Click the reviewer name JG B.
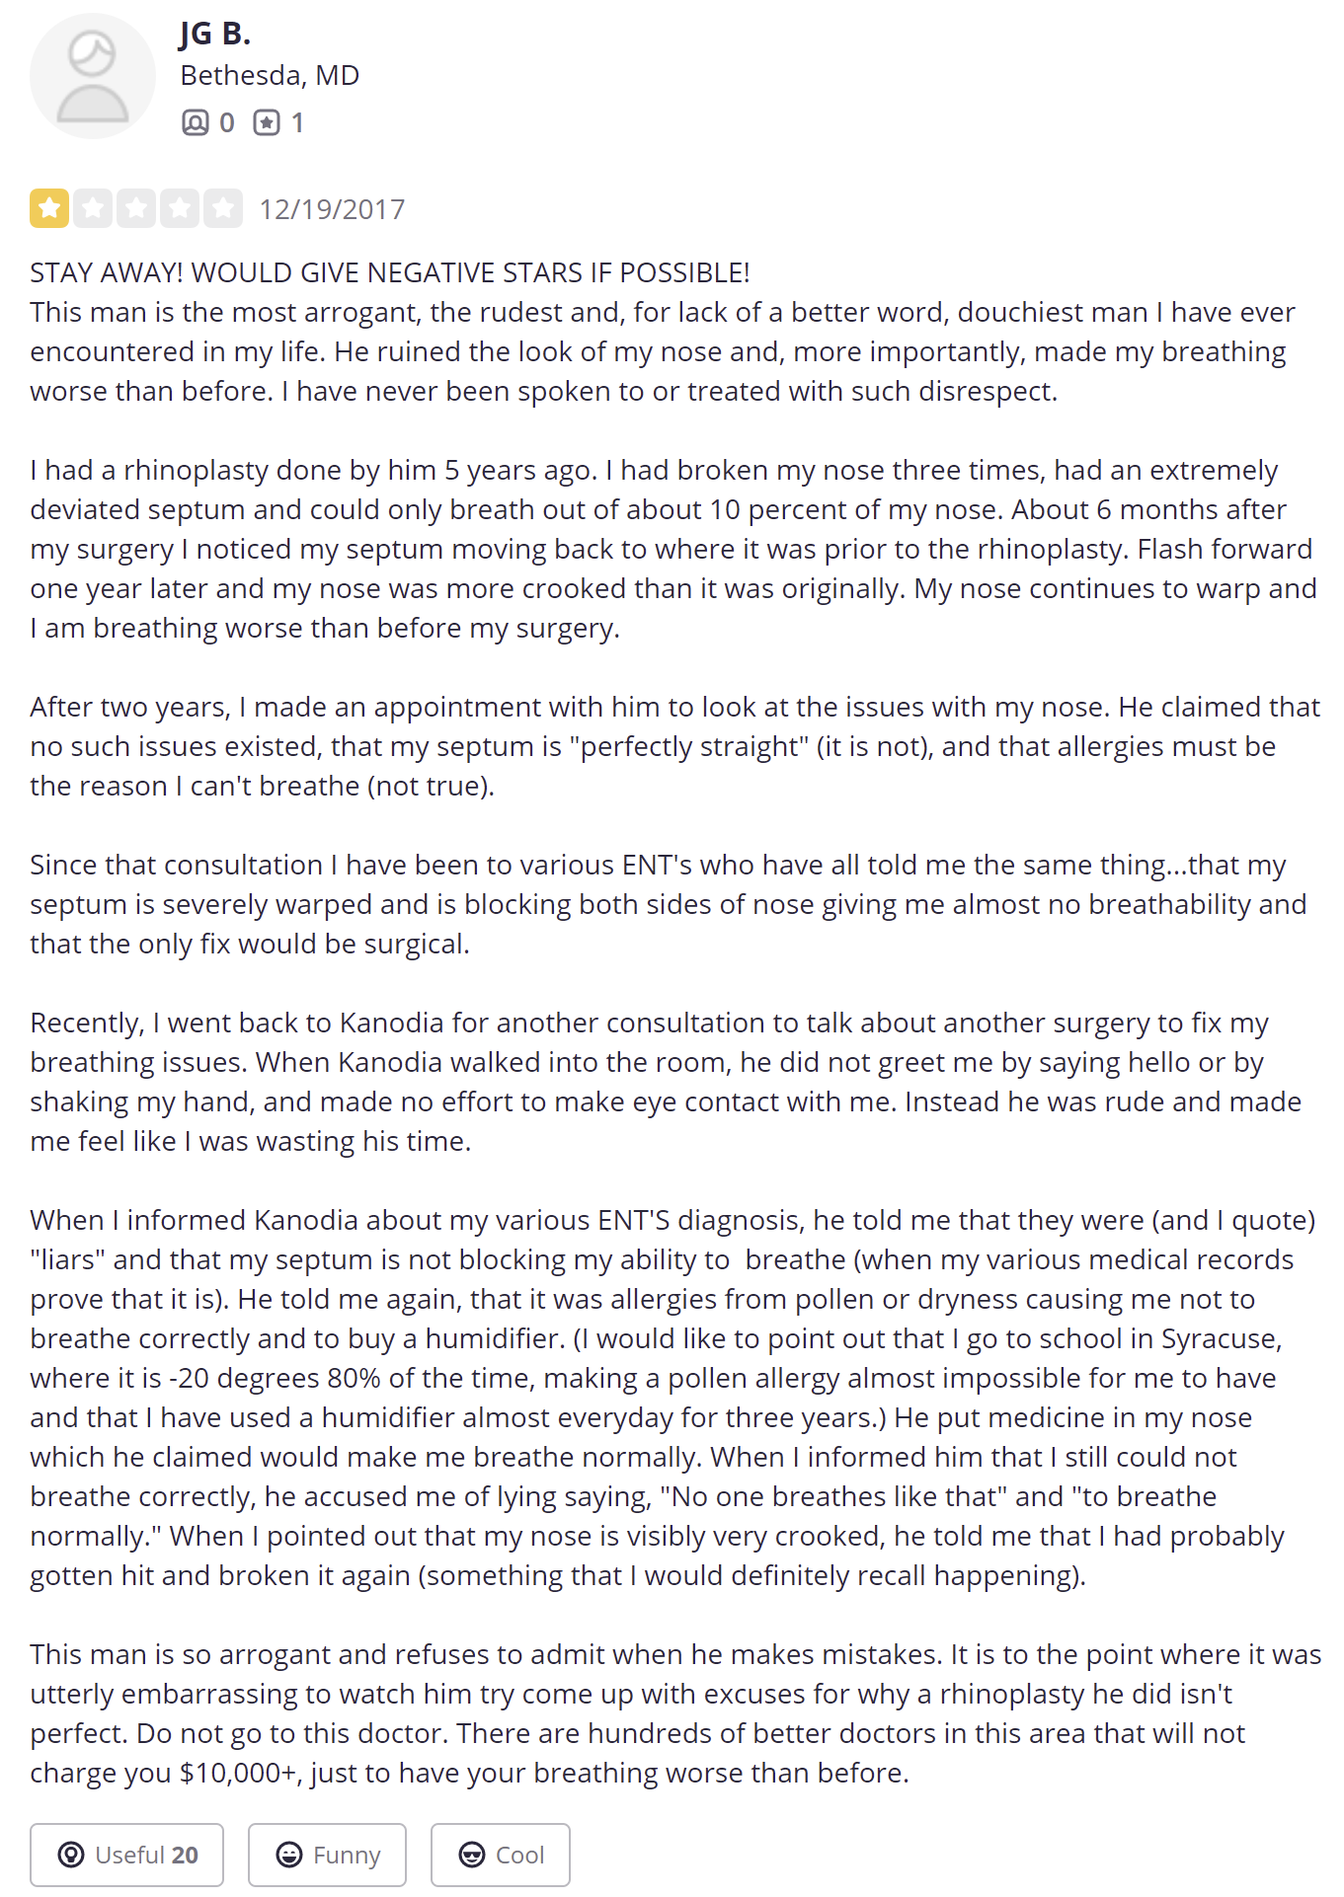tap(215, 35)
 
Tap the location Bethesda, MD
tap(270, 76)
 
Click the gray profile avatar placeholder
tap(92, 76)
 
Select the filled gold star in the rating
tap(49, 208)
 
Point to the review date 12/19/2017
tap(332, 209)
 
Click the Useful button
tap(127, 1855)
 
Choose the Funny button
tap(327, 1855)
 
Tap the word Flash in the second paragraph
tap(1171, 550)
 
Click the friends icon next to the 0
tap(196, 122)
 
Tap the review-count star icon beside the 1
tap(267, 122)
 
